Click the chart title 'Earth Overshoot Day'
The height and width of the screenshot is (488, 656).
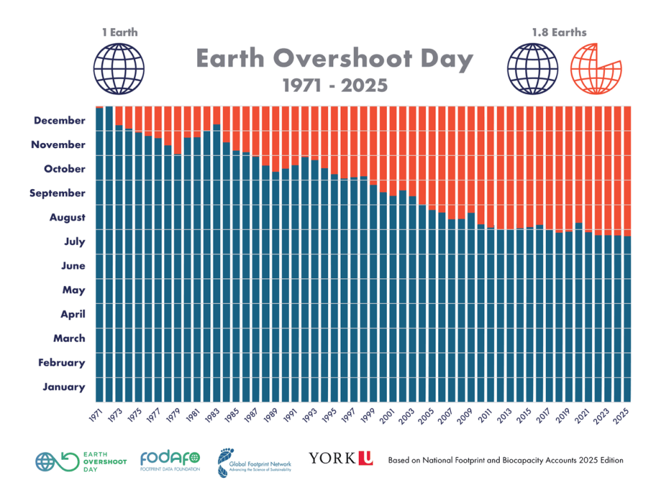point(334,59)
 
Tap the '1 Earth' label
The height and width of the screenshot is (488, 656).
point(119,32)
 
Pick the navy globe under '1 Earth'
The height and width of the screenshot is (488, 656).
point(119,69)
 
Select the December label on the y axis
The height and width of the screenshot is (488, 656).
point(60,121)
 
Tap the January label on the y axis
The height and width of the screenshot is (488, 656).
point(63,387)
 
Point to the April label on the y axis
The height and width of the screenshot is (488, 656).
point(72,314)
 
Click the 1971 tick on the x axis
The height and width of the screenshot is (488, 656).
point(96,413)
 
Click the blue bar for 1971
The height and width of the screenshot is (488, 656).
point(100,257)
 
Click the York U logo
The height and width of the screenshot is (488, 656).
point(340,458)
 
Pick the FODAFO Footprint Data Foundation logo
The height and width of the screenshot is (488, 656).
point(170,460)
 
